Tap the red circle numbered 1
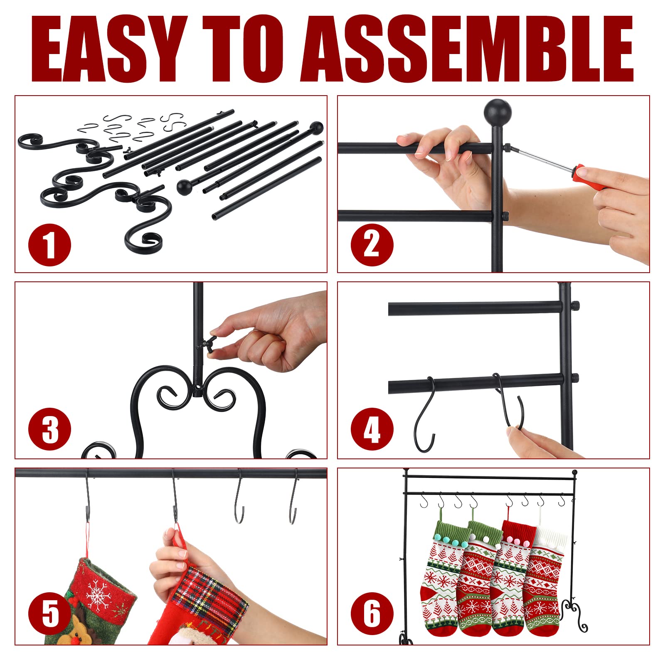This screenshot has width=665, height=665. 49,244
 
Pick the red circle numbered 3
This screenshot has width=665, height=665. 49,429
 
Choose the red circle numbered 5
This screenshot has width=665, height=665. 49,614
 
